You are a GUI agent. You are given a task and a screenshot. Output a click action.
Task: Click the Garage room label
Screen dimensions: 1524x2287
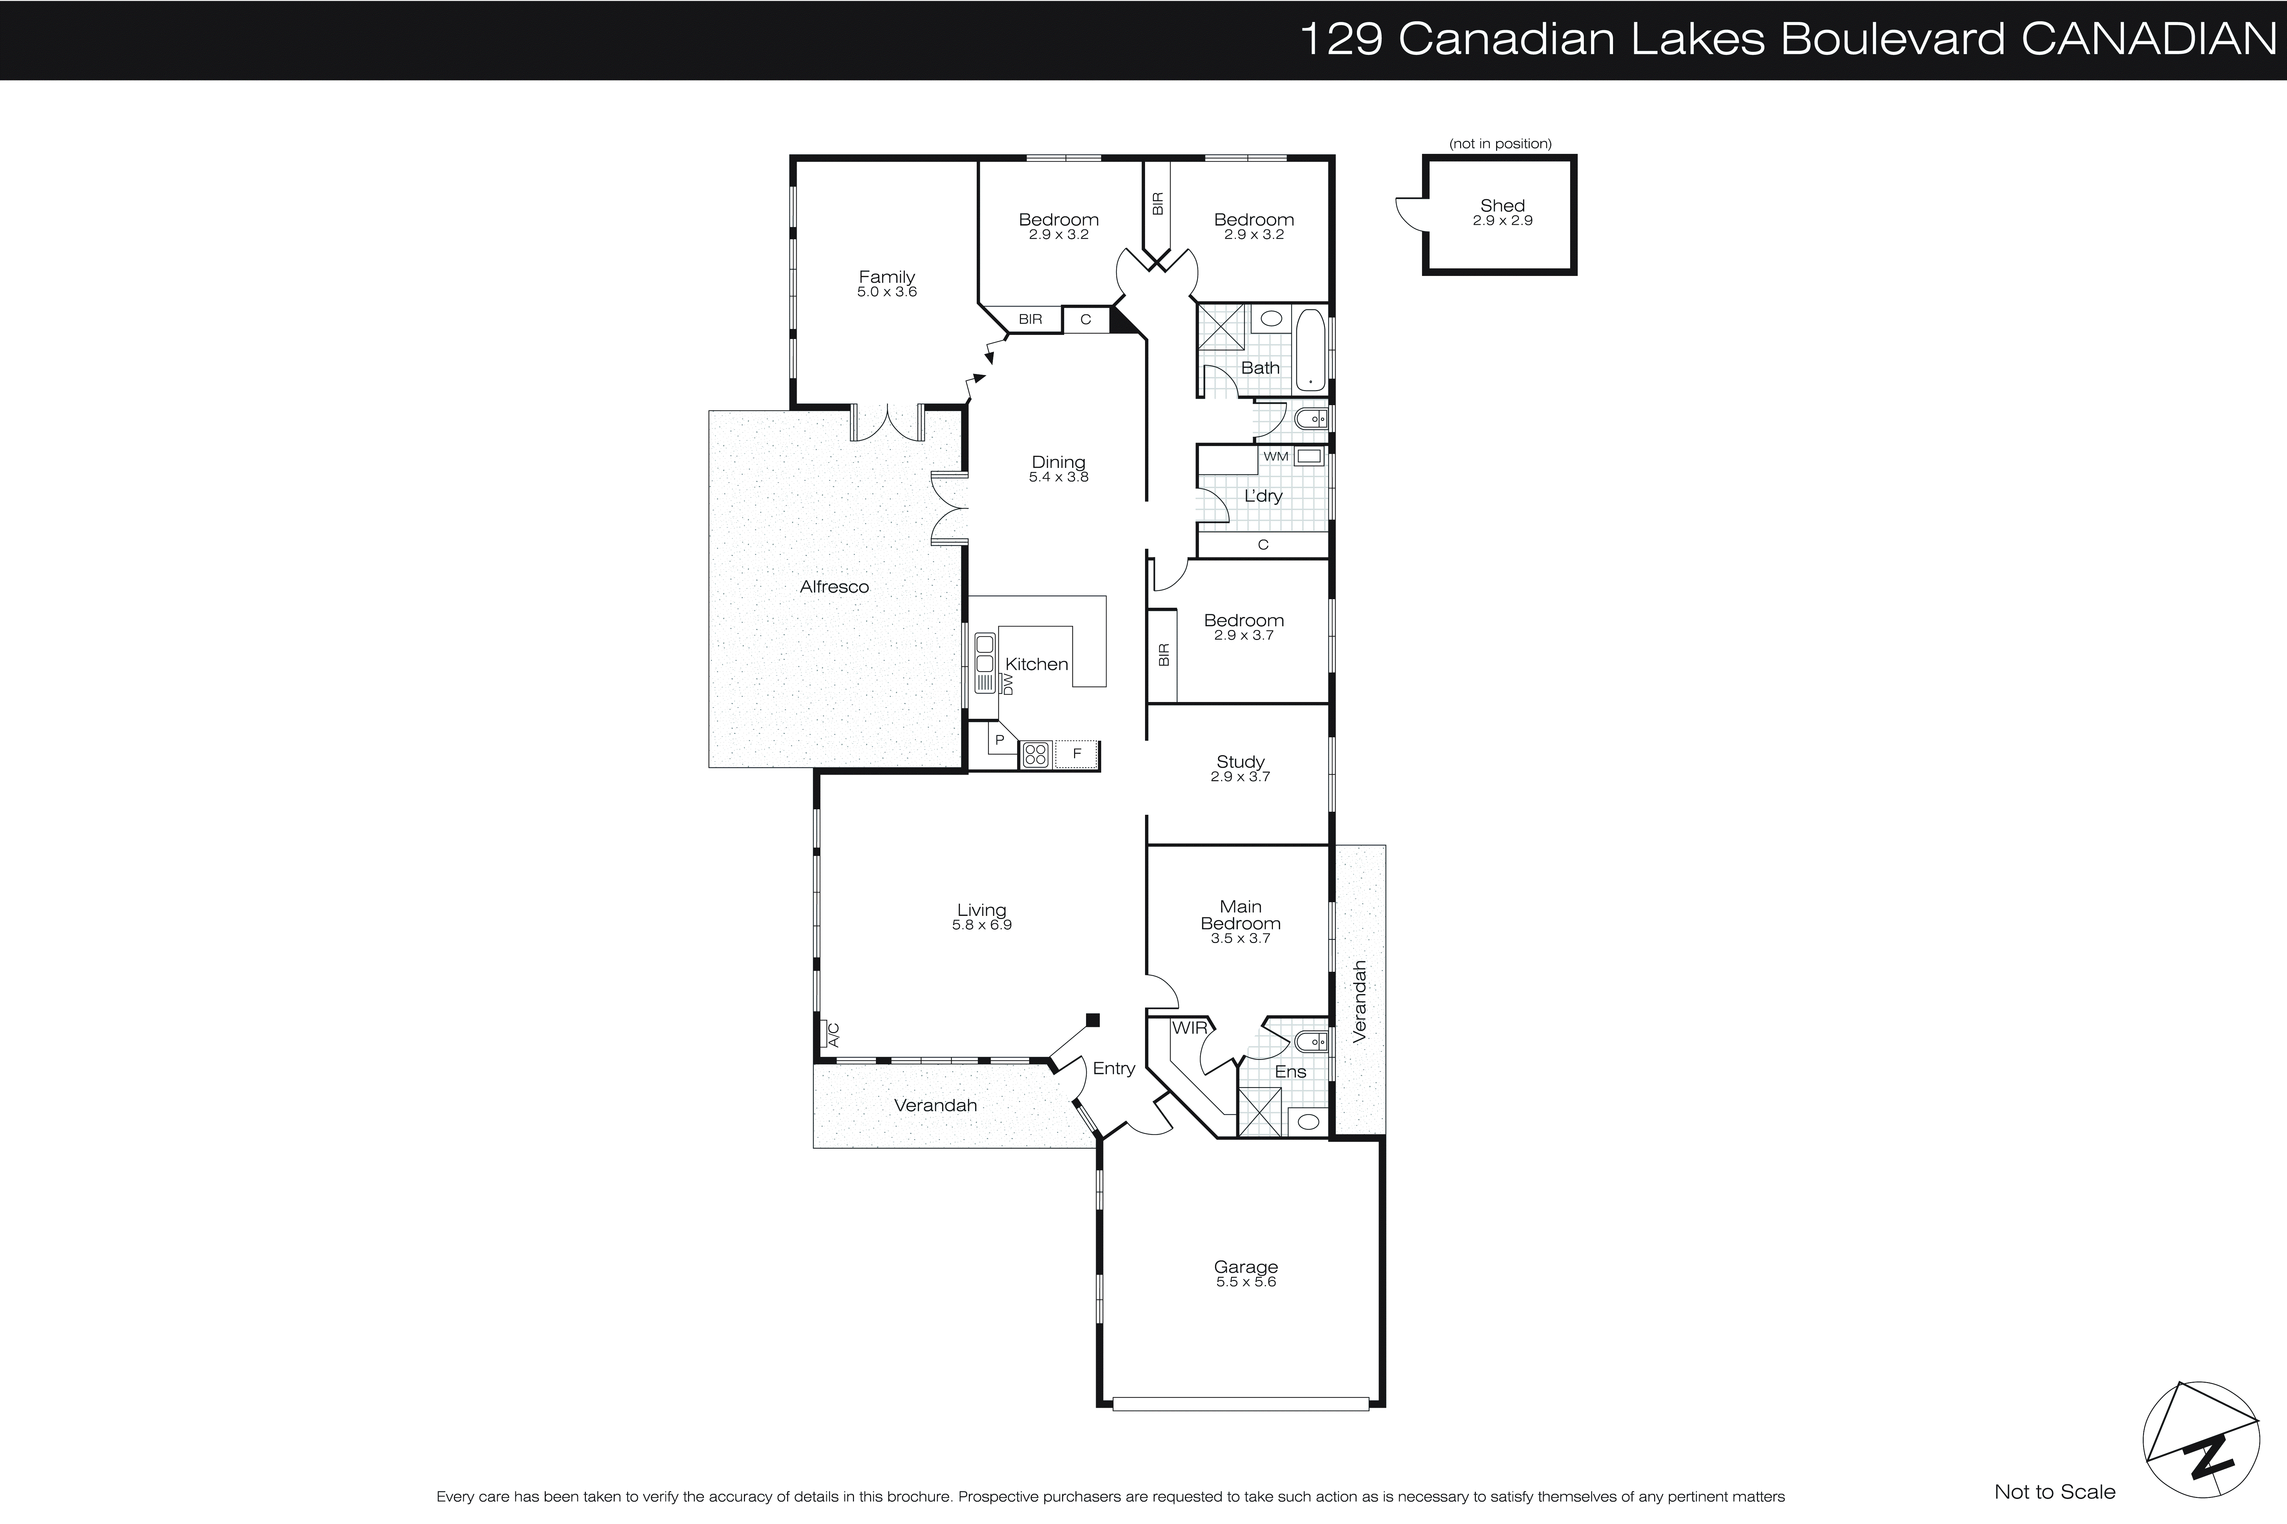(x=1245, y=1267)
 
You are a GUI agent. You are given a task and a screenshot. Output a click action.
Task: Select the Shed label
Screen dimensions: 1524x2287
(x=1502, y=205)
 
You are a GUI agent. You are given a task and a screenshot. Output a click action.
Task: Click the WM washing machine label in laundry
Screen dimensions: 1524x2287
(x=1275, y=456)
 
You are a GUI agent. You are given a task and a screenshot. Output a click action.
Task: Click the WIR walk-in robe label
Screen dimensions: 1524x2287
(x=1189, y=1027)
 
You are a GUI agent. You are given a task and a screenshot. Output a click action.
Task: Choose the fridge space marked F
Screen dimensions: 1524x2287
(x=1077, y=753)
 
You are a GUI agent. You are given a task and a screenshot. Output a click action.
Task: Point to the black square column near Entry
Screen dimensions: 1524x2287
(x=1093, y=1019)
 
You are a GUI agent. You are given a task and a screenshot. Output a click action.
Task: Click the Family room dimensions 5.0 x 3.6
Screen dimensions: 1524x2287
(x=887, y=292)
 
